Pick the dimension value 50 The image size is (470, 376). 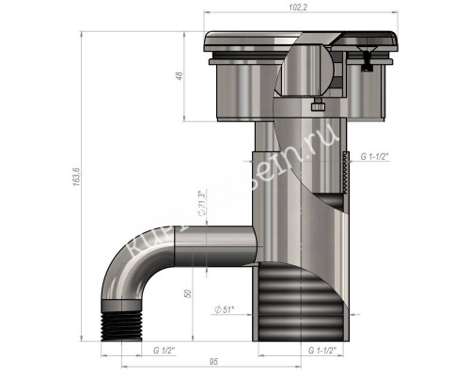(x=191, y=294)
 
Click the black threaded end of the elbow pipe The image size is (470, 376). (x=119, y=321)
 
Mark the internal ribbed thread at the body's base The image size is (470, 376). (x=301, y=301)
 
